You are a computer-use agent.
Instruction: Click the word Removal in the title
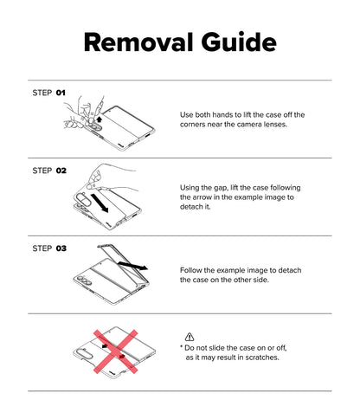(x=138, y=42)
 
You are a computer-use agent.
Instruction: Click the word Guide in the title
(x=239, y=42)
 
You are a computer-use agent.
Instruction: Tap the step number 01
(x=61, y=93)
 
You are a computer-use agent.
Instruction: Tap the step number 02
(x=61, y=171)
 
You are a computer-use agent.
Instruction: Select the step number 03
(x=61, y=248)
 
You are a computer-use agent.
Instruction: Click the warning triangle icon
(x=190, y=337)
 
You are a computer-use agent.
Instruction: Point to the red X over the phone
(x=115, y=351)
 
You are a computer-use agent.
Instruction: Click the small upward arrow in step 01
(x=100, y=119)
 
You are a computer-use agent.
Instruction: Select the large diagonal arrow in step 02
(x=100, y=203)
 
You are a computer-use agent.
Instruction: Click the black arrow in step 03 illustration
(x=133, y=266)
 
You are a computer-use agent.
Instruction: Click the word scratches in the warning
(x=262, y=358)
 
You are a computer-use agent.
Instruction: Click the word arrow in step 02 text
(x=202, y=197)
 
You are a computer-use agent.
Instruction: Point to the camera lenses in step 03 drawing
(x=83, y=280)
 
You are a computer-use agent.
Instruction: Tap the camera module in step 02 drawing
(x=84, y=199)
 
